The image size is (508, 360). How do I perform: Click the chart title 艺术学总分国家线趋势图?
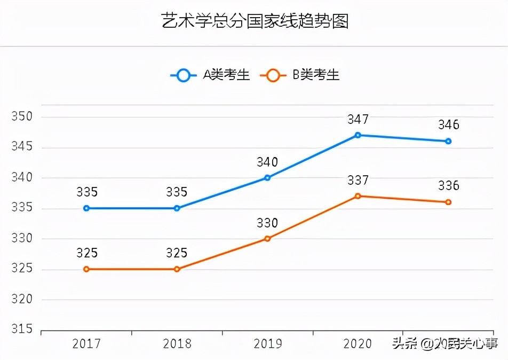point(255,22)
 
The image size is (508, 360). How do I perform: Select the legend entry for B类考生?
point(299,75)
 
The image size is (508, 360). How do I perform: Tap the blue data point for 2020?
point(358,135)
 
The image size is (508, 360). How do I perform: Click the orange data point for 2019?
point(267,239)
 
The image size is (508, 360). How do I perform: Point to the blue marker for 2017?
point(86,208)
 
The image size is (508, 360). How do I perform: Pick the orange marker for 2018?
point(177,269)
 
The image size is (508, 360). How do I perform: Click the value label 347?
point(358,119)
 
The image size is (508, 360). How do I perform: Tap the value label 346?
point(448,125)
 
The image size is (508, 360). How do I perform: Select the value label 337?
point(358,180)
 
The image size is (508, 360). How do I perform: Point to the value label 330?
point(267,223)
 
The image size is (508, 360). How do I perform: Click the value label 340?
point(267,162)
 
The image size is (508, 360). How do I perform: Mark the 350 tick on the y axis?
point(22,117)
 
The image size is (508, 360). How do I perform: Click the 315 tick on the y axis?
point(22,329)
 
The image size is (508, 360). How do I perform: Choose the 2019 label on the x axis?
point(267,344)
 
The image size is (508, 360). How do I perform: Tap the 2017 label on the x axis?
point(86,344)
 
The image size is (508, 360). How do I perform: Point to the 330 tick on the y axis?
point(22,239)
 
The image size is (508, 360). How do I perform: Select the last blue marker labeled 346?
point(448,142)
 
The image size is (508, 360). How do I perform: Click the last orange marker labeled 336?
point(448,202)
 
